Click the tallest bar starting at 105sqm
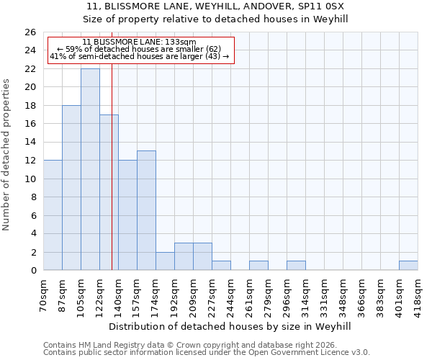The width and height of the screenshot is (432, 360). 90,169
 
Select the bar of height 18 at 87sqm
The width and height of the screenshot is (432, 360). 71,187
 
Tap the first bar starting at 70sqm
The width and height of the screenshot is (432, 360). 53,215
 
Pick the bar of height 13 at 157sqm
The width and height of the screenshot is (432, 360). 146,210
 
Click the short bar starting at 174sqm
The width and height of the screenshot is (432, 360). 165,261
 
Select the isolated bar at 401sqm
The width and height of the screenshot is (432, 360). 408,266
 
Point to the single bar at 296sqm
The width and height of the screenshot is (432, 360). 296,266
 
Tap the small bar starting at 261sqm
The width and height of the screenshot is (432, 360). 258,266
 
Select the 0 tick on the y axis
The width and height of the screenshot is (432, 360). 32,270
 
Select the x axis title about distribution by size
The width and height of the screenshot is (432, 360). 230,326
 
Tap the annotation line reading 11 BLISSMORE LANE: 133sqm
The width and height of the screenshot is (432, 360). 139,42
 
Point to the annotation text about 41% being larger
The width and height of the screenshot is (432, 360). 139,56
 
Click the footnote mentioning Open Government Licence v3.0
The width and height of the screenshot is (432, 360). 207,353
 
